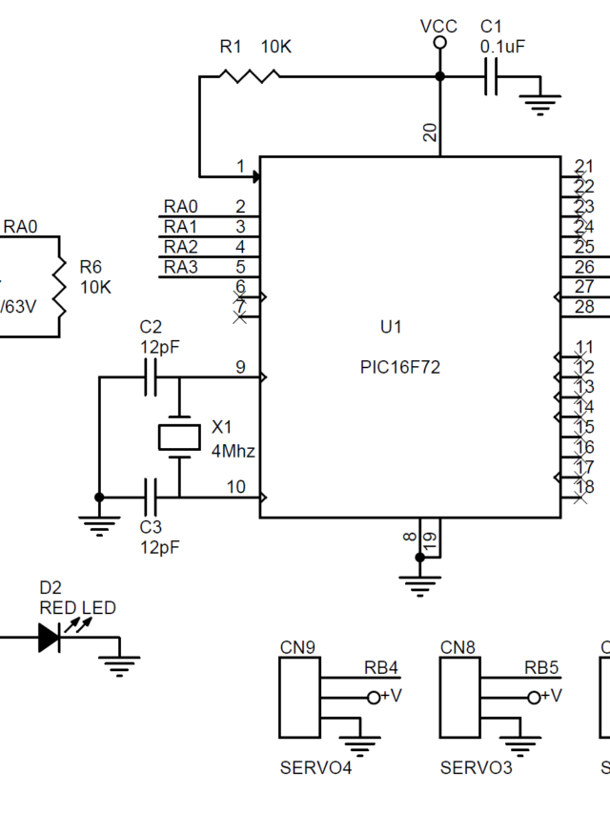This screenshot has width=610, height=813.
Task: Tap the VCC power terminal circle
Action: [439, 44]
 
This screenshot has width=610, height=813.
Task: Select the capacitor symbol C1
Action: [492, 76]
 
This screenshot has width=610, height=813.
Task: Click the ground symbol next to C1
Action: [540, 101]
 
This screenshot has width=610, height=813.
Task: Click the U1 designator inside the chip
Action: [392, 327]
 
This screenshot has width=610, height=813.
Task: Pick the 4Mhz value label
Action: [234, 451]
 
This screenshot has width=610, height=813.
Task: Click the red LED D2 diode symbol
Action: [50, 638]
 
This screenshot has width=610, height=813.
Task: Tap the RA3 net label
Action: [181, 267]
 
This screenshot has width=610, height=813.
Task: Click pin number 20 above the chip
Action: [431, 132]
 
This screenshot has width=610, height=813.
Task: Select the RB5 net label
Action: [541, 668]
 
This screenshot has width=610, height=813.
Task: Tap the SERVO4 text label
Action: [315, 767]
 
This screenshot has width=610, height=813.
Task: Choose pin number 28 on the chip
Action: [584, 306]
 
